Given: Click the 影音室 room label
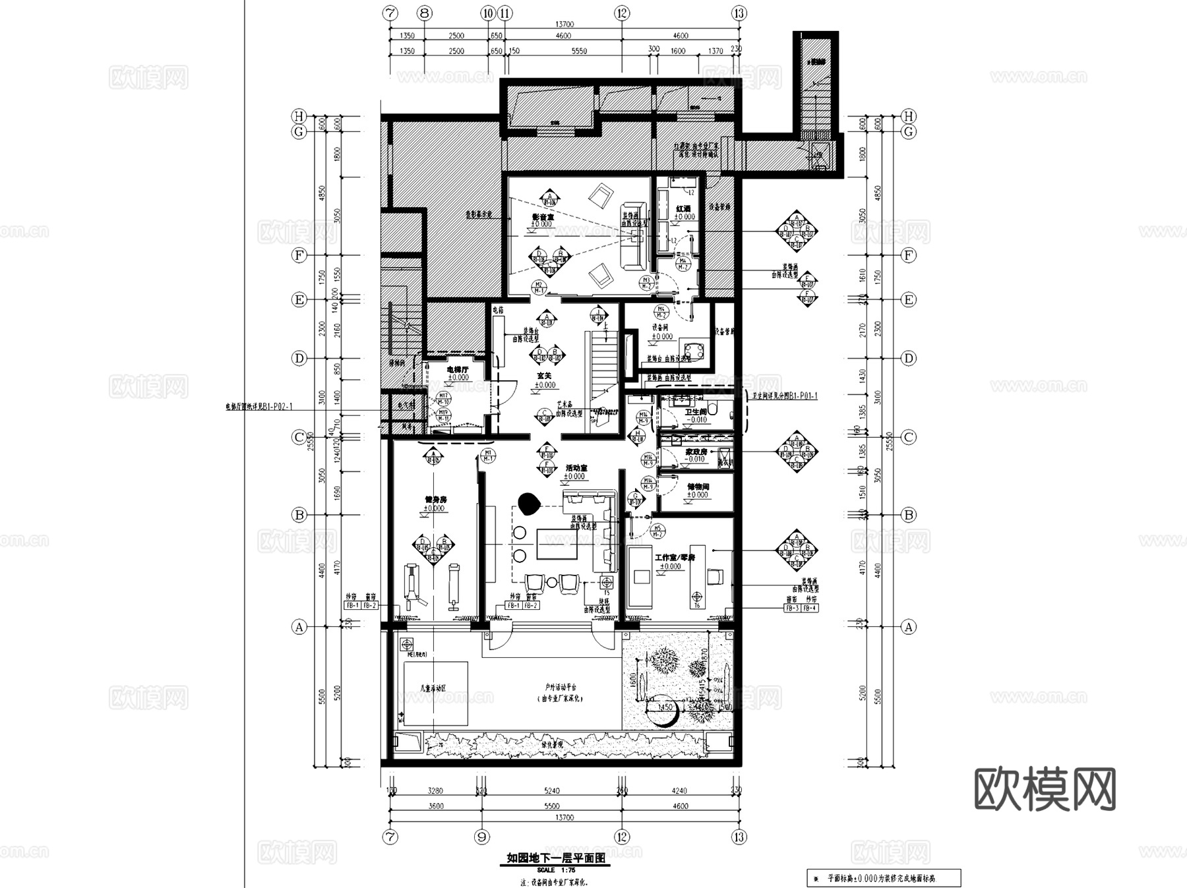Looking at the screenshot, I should tap(543, 216).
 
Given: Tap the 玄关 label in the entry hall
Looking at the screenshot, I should tap(545, 376).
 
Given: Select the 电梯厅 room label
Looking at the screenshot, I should tap(457, 370).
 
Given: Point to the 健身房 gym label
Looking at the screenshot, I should tap(434, 500).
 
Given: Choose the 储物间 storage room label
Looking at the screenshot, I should tap(698, 487).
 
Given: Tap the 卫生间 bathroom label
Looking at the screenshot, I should tap(696, 411).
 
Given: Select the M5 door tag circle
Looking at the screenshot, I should tap(657, 530).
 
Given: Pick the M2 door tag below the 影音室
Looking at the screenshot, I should tap(539, 287).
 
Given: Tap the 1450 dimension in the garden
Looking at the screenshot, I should tap(665, 707).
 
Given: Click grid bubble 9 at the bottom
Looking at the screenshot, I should tap(482, 837).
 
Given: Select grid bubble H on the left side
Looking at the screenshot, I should tap(299, 116).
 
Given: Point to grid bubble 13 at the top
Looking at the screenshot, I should tap(739, 13).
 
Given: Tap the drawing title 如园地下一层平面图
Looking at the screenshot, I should tap(555, 858).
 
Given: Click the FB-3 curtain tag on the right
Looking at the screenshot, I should tap(792, 608).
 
